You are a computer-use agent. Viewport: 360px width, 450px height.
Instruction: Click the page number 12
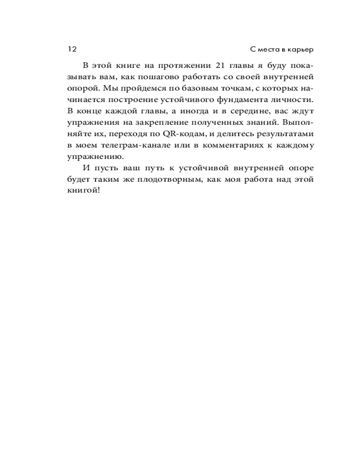tap(72, 49)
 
